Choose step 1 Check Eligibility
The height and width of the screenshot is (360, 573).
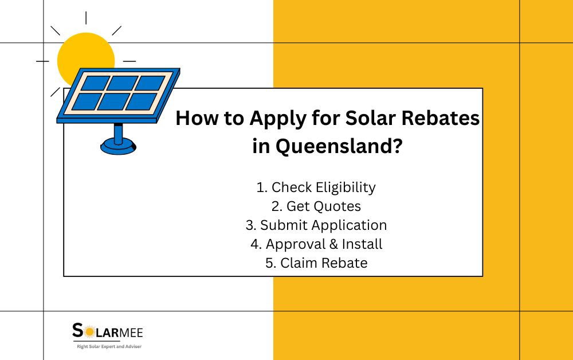[x=316, y=187]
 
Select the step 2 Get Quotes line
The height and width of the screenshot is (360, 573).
[x=316, y=206]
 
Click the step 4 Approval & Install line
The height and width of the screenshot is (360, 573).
[x=316, y=244]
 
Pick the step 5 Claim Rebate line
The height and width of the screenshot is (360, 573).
[x=316, y=263]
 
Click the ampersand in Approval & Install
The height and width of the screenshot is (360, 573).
[x=333, y=244]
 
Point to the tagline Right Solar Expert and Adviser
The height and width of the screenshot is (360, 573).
[x=109, y=346]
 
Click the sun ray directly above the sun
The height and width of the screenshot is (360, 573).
[x=86, y=17]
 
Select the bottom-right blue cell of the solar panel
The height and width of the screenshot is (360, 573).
[x=140, y=101]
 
